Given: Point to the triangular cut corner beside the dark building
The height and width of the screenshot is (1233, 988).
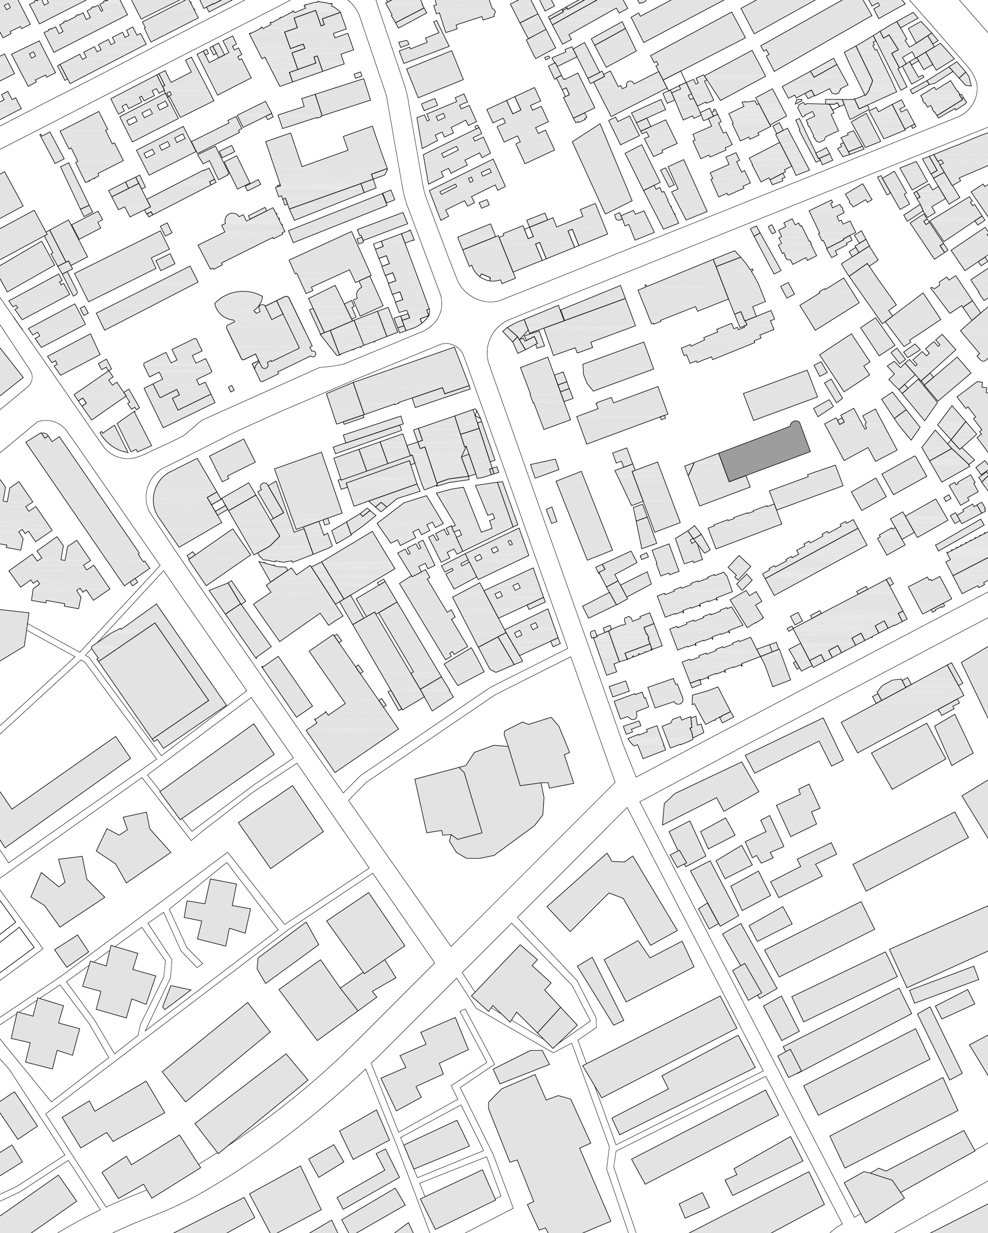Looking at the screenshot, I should (x=691, y=468).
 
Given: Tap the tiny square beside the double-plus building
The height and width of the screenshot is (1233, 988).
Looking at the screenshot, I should (x=231, y=388).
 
